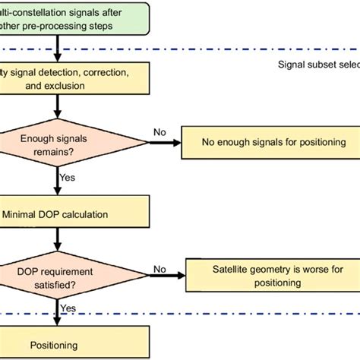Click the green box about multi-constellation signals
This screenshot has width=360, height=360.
(x=68, y=17)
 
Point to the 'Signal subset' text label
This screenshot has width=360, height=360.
(x=318, y=64)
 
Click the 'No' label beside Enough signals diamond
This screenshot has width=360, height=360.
(x=159, y=132)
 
